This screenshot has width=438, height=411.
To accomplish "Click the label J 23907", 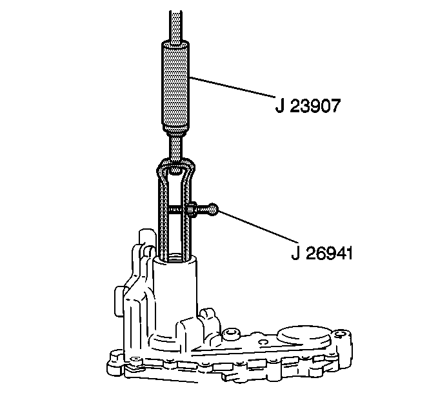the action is (308, 106).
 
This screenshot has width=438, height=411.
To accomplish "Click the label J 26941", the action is (322, 253).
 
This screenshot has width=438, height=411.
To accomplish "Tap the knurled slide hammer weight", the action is (175, 86).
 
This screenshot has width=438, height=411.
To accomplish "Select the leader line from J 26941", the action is (257, 226).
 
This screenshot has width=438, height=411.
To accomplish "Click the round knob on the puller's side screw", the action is (213, 209).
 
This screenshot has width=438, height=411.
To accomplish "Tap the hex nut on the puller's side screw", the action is (192, 209).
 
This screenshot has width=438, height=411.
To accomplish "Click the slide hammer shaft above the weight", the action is (175, 27).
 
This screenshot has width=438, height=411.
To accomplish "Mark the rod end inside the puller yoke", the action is (175, 169).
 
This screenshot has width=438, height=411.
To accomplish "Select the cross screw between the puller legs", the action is (175, 209).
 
